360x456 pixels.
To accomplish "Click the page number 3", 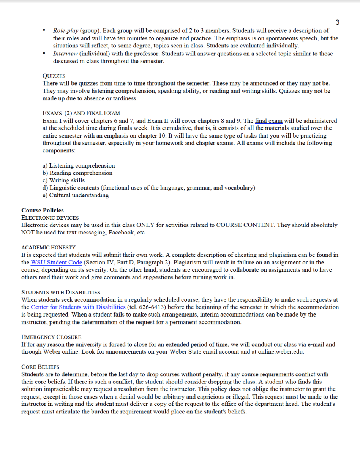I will coord(338,22).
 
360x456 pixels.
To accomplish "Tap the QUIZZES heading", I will coord(54,76).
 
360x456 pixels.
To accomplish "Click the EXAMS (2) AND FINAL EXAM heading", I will coord(81,113).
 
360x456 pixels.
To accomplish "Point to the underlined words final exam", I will coord(269,121).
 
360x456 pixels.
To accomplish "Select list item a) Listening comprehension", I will coord(79,166).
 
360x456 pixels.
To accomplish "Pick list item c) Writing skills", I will coord(64,180).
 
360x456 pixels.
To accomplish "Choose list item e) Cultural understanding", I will coord(76,195).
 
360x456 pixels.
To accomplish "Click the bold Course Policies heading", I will coord(43,210).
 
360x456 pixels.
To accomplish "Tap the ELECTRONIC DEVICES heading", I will coord(50,218).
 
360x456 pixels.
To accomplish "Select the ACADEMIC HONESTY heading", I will coord(49,247).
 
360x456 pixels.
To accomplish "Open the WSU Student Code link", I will coord(56,263).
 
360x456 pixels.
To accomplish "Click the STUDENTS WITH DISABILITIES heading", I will coord(61,292).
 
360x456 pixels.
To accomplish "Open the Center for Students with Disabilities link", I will coord(78,307).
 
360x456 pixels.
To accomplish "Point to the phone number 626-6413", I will coord(150,307).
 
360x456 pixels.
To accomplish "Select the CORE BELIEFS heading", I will coord(40,367).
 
